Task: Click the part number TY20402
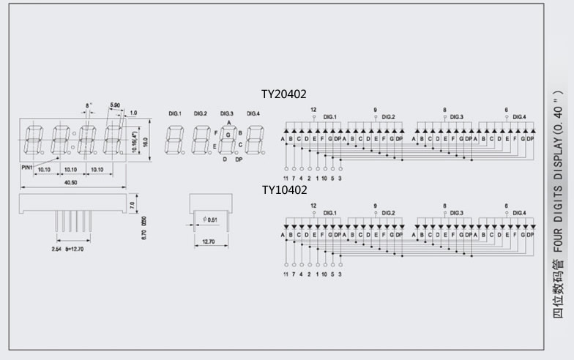click(284, 94)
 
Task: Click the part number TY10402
click(284, 190)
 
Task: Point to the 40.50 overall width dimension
click(71, 182)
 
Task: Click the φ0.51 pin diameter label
click(209, 220)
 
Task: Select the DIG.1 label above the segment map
click(174, 114)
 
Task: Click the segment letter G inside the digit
click(228, 135)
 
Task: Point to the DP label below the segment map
click(239, 159)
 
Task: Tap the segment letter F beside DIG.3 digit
click(215, 133)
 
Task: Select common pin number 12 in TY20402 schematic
click(313, 110)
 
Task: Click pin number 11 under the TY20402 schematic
click(286, 178)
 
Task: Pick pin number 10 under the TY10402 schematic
click(324, 274)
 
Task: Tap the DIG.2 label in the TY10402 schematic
click(388, 213)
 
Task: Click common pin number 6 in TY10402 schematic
click(506, 206)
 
